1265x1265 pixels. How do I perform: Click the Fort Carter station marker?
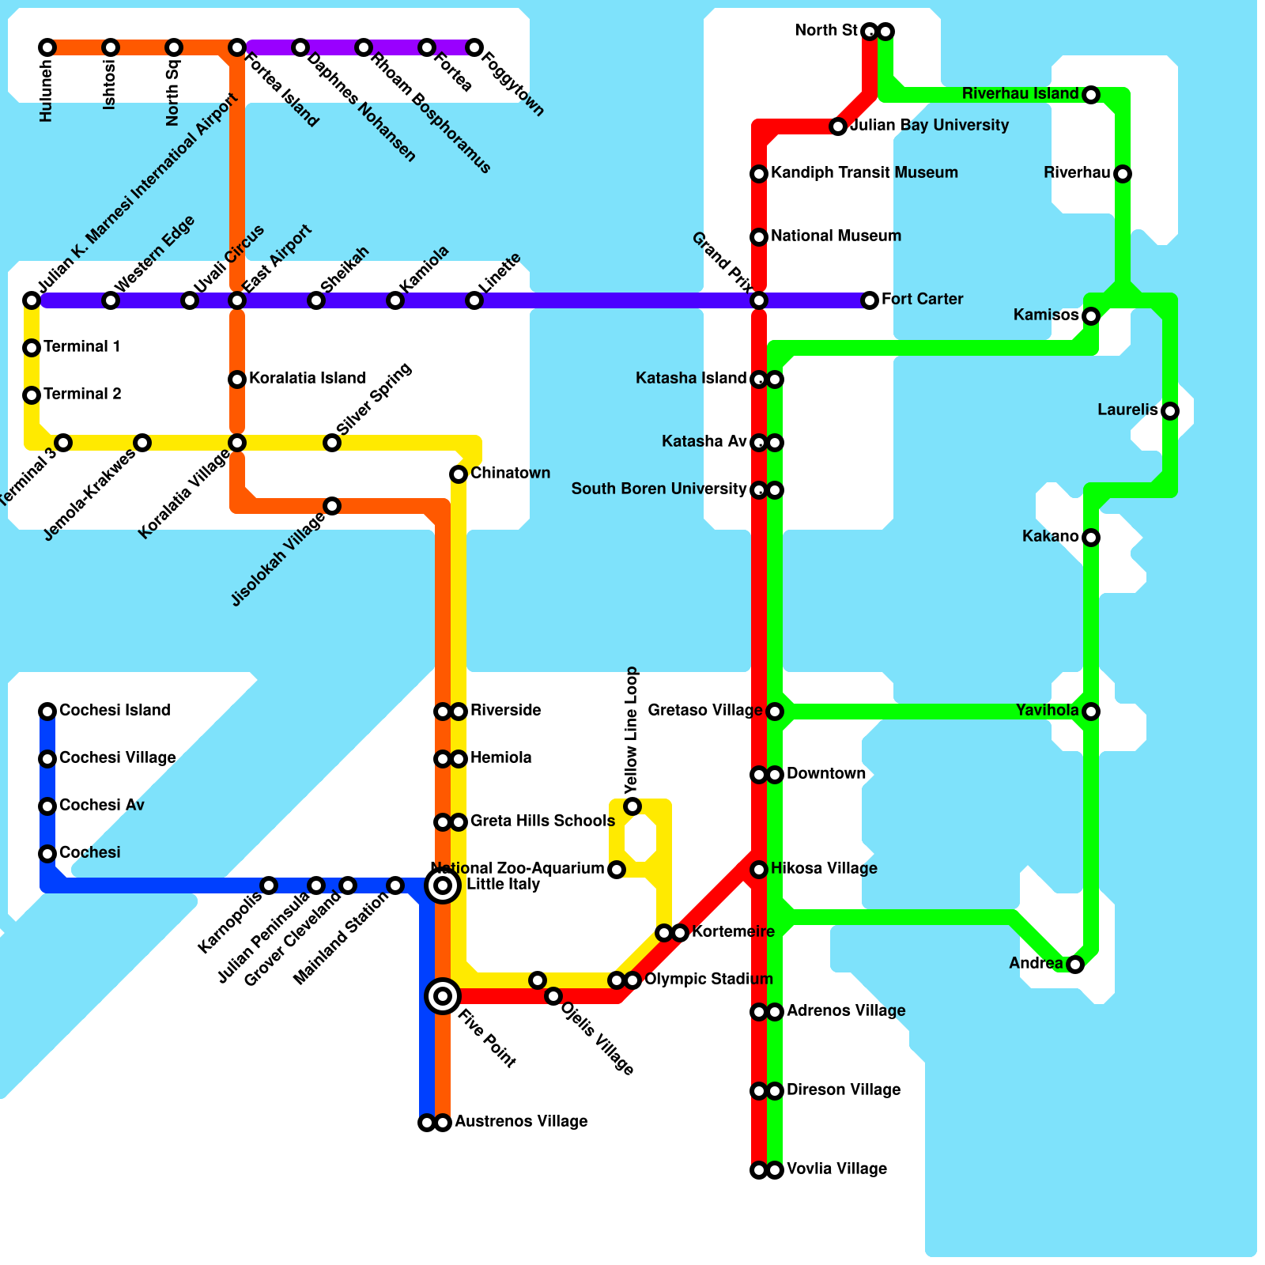(870, 300)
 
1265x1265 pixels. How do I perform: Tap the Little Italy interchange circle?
(443, 885)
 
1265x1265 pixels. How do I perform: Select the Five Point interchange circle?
(443, 995)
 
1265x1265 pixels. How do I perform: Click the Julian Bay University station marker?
(838, 126)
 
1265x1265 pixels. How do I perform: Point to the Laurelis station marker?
(1170, 411)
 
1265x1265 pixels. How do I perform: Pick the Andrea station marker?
(1075, 965)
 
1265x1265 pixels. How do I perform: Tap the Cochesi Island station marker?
(47, 712)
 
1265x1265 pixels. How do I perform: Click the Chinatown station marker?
(459, 474)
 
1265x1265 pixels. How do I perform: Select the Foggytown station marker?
(474, 47)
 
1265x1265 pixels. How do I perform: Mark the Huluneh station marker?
(47, 47)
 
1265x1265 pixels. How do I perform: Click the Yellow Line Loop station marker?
(632, 806)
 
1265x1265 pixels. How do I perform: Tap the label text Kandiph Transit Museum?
(864, 172)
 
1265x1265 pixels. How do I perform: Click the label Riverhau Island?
(1020, 94)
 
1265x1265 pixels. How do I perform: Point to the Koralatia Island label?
(307, 378)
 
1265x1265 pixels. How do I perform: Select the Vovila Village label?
(836, 1169)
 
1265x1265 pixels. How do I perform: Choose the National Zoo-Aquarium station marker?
(617, 870)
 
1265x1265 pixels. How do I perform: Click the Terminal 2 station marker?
(32, 395)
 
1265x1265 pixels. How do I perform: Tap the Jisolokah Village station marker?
(332, 506)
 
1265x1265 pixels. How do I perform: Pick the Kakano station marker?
(1091, 538)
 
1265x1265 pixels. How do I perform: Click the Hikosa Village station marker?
(759, 870)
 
